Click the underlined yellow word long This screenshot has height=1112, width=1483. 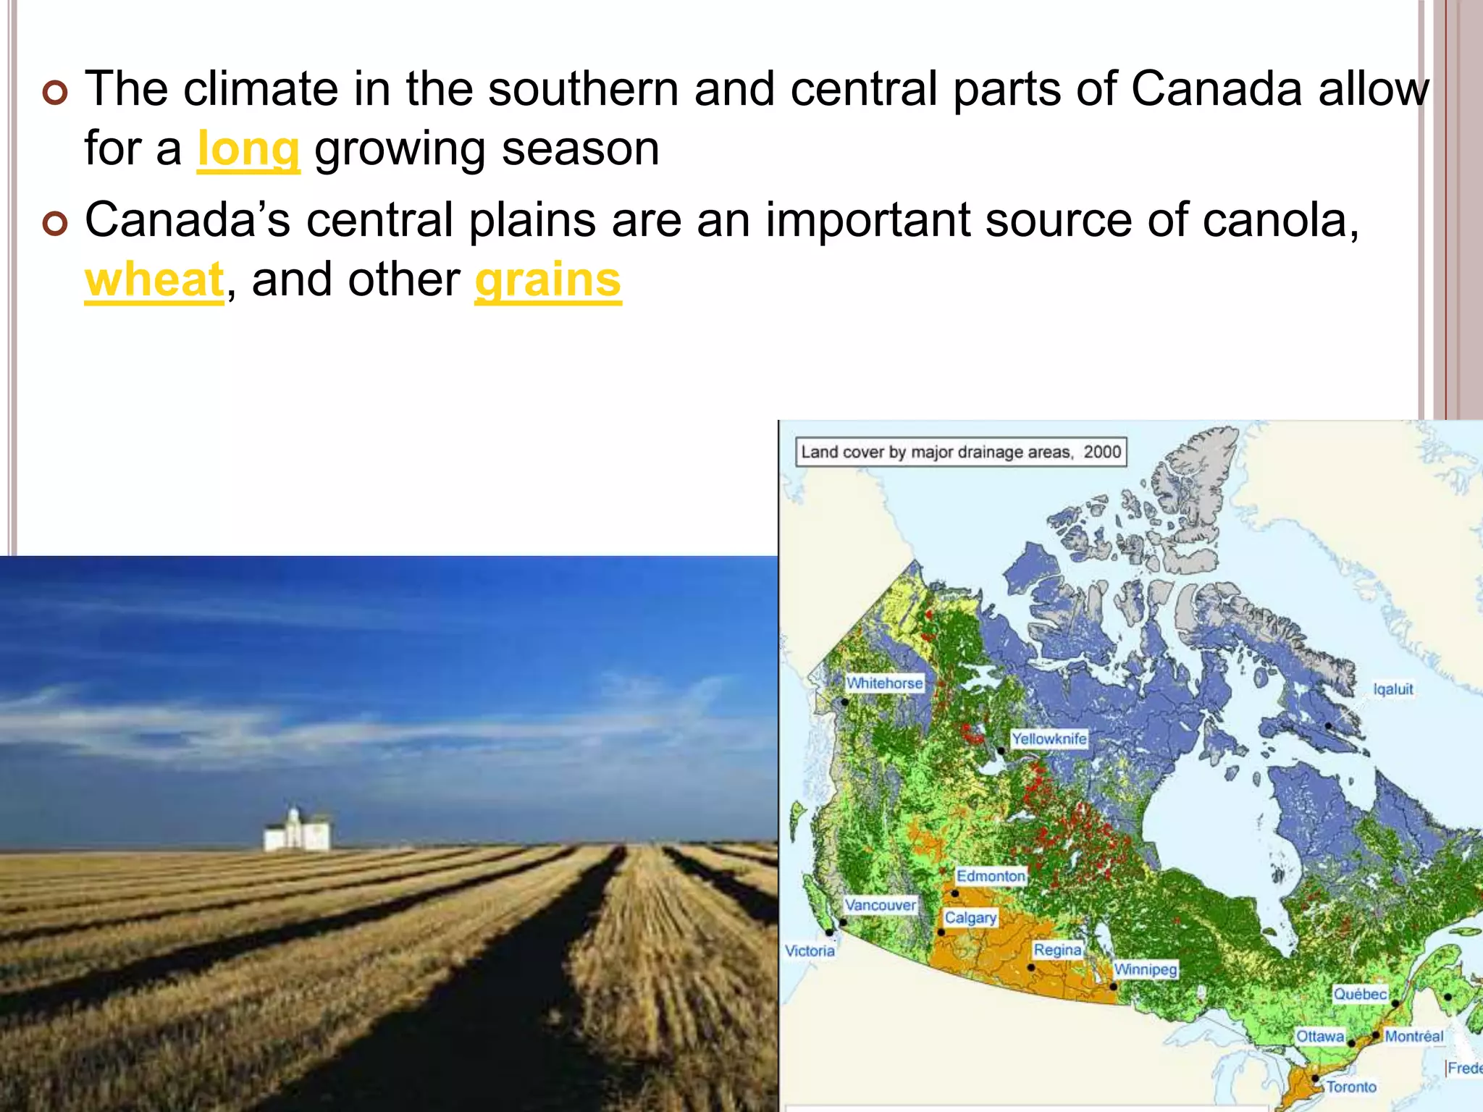click(x=248, y=150)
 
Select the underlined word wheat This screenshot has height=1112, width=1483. click(x=154, y=280)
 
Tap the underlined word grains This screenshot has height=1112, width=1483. click(x=548, y=280)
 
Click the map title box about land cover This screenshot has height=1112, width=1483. click(x=960, y=452)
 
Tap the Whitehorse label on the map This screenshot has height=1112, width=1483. click(x=885, y=683)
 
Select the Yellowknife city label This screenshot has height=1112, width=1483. click(x=1049, y=739)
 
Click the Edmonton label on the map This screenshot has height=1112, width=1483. click(x=991, y=876)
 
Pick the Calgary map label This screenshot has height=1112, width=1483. click(x=970, y=918)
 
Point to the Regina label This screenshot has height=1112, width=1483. click(x=1057, y=950)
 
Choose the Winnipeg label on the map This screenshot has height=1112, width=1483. click(x=1146, y=969)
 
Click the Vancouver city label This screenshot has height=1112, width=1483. click(x=880, y=905)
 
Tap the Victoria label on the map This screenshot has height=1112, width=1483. click(x=810, y=951)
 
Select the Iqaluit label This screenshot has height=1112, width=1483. click(x=1393, y=689)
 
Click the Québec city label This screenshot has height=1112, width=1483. click(x=1360, y=994)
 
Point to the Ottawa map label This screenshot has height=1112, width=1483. click(x=1320, y=1036)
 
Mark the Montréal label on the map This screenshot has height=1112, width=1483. click(x=1413, y=1036)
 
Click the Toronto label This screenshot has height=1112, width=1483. click(x=1351, y=1087)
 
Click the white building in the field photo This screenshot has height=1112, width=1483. click(x=298, y=831)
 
